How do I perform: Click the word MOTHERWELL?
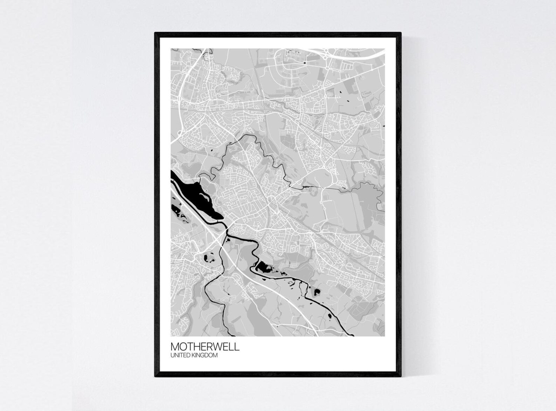point(205,347)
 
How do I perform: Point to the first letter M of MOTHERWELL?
point(175,347)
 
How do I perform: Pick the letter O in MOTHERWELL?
point(183,347)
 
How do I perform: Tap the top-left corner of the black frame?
point(155,33)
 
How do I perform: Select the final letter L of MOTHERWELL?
point(237,347)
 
